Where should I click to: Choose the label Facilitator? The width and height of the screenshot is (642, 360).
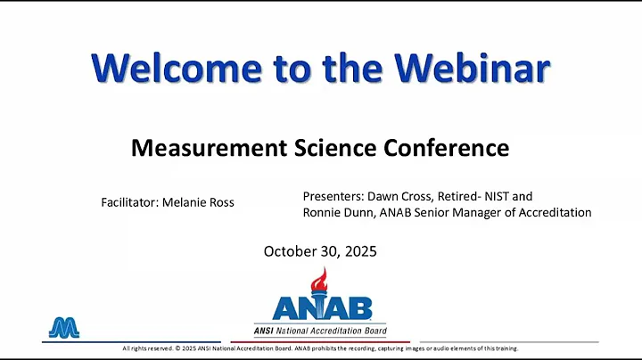click(129, 202)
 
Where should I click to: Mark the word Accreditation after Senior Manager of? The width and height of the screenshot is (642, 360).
click(555, 213)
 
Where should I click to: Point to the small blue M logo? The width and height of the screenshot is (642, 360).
click(63, 328)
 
